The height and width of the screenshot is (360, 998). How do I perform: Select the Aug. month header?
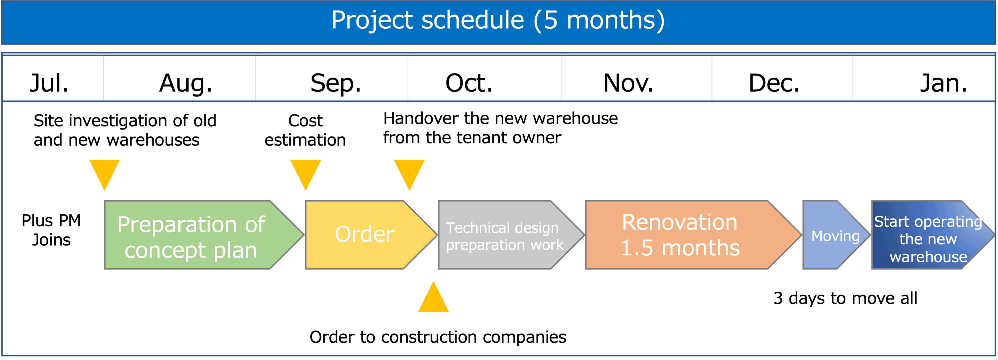186,83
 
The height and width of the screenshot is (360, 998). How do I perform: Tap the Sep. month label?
336,83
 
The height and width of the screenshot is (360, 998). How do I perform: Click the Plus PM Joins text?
51,230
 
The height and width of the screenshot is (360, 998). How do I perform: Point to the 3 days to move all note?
845,298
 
